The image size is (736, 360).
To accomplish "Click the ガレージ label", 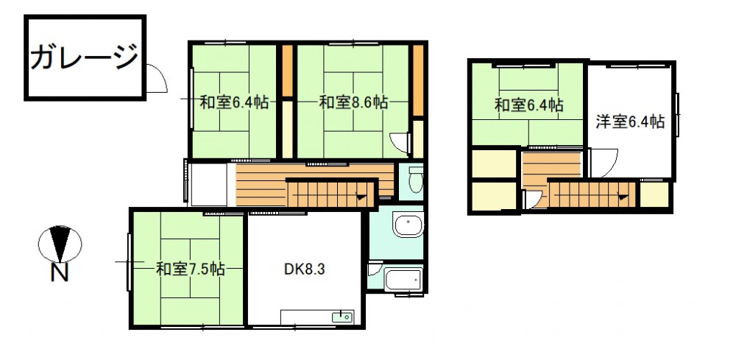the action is click(x=85, y=57).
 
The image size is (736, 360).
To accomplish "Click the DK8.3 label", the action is click(x=305, y=269).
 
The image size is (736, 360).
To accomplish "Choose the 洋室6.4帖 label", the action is click(x=630, y=121).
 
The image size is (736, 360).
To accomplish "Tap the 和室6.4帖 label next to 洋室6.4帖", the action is click(x=529, y=105).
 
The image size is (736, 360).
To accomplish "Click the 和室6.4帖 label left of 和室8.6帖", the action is click(x=234, y=102).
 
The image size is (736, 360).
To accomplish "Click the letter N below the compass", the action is click(x=60, y=272).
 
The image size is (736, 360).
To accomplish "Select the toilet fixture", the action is click(x=415, y=180).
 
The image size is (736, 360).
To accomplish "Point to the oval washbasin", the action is click(x=408, y=226).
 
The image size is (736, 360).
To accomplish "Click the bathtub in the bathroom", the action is click(x=403, y=280).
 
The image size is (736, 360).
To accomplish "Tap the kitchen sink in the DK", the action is click(x=342, y=317).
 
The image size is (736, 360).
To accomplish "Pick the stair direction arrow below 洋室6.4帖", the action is click(x=623, y=197).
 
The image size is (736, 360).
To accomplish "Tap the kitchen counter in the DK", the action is click(x=317, y=317).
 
